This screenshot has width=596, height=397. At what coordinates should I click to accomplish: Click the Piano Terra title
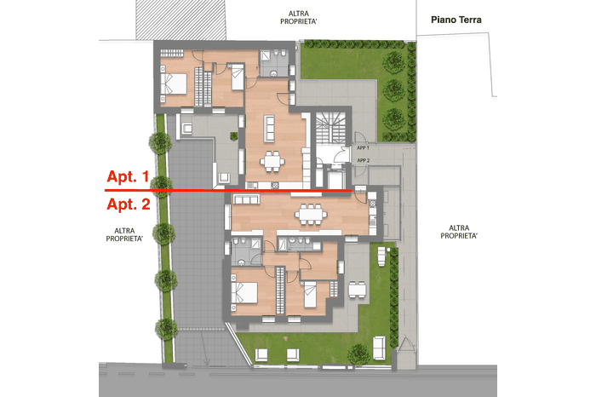click(x=456, y=20)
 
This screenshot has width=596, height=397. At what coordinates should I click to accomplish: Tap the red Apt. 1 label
click(x=128, y=176)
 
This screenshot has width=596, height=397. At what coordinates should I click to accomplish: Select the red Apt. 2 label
click(x=129, y=204)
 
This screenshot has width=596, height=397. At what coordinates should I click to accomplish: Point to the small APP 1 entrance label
click(x=363, y=148)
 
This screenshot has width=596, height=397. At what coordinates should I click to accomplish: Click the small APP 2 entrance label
click(x=364, y=160)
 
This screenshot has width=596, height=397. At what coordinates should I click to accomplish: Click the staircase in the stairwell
click(x=330, y=128)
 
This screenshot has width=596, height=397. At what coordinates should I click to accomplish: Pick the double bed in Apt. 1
click(x=174, y=83)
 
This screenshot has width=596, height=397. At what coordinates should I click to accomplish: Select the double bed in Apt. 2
click(x=244, y=292)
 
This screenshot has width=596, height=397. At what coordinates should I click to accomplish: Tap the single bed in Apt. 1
click(x=238, y=77)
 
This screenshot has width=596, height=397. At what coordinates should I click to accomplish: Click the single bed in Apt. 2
click(x=311, y=294)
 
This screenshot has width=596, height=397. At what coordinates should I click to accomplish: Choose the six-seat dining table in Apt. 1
click(x=272, y=161)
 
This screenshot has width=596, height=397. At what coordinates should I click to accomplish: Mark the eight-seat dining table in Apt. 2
click(x=311, y=215)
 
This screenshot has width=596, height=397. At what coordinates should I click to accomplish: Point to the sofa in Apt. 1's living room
click(x=270, y=129)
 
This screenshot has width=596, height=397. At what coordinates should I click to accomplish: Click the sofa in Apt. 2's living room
click(x=246, y=198)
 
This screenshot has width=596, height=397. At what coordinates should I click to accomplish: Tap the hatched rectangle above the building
click(x=181, y=20)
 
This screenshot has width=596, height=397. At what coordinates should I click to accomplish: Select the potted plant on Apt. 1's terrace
click(x=234, y=135)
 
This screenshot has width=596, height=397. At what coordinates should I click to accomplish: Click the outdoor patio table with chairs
click(x=358, y=289)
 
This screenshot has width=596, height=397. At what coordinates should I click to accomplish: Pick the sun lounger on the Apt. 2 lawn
click(x=381, y=256)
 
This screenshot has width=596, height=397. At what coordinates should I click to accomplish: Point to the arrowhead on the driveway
click(x=206, y=362)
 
